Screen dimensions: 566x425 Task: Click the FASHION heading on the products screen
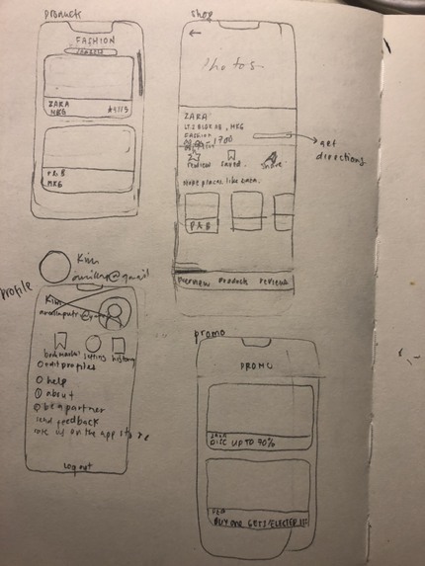(x=96, y=41)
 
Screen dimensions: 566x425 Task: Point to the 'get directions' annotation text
(x=335, y=150)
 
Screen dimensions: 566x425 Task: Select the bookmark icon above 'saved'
(x=229, y=155)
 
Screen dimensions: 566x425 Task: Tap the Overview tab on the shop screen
(x=194, y=283)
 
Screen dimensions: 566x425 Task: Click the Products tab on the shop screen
(x=233, y=283)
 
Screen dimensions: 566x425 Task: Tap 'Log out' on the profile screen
(x=79, y=465)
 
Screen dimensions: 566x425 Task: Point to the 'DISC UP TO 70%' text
(x=242, y=441)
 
